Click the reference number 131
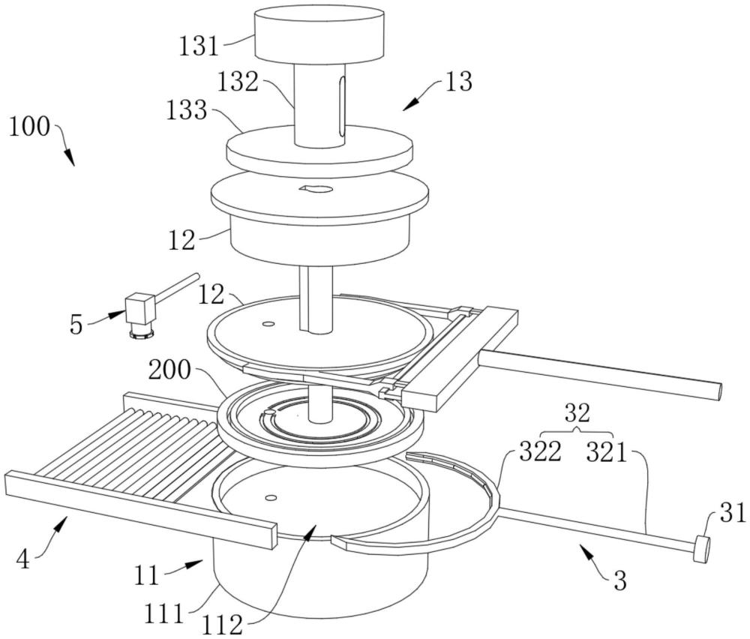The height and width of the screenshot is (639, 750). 199,46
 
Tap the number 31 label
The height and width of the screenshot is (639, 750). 733,513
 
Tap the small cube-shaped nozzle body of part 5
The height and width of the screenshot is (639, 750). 139,307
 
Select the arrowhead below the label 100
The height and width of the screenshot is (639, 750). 72,160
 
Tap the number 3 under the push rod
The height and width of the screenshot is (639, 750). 619,580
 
